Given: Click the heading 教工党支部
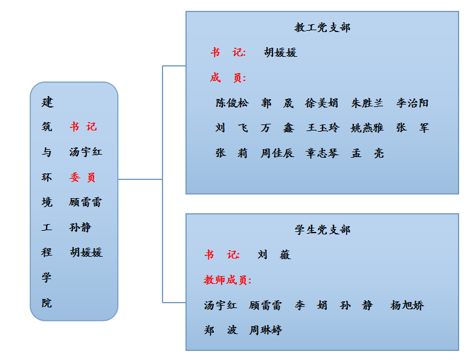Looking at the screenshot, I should tap(322, 28).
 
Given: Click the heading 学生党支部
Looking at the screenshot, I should tap(322, 230).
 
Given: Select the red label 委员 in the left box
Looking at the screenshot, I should tap(83, 178).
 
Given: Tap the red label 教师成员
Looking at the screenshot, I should tap(227, 280).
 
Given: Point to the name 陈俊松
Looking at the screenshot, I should tap(232, 103).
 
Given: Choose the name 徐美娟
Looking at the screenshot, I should tap(322, 103).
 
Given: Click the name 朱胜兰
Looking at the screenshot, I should tap(367, 103).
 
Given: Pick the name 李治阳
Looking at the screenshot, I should tap(413, 103).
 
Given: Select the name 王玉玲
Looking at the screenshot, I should tap(323, 128).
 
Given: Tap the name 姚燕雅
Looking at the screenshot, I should tap(367, 128).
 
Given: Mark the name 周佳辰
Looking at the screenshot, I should tap(277, 153).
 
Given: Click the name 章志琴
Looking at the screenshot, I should tap(322, 153).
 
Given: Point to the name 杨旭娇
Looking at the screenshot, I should tap(407, 306).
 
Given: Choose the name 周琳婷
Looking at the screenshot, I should tap(266, 330).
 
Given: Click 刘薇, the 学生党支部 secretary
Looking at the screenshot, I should tap(274, 255).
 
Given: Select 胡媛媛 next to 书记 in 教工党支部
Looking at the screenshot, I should tap(280, 53).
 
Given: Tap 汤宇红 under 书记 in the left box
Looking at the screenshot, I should tap(86, 152).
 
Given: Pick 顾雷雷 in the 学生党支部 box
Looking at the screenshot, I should tap(265, 306).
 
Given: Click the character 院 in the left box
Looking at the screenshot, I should tap(47, 303).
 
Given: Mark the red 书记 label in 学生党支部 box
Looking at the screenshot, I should tap(222, 255).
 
